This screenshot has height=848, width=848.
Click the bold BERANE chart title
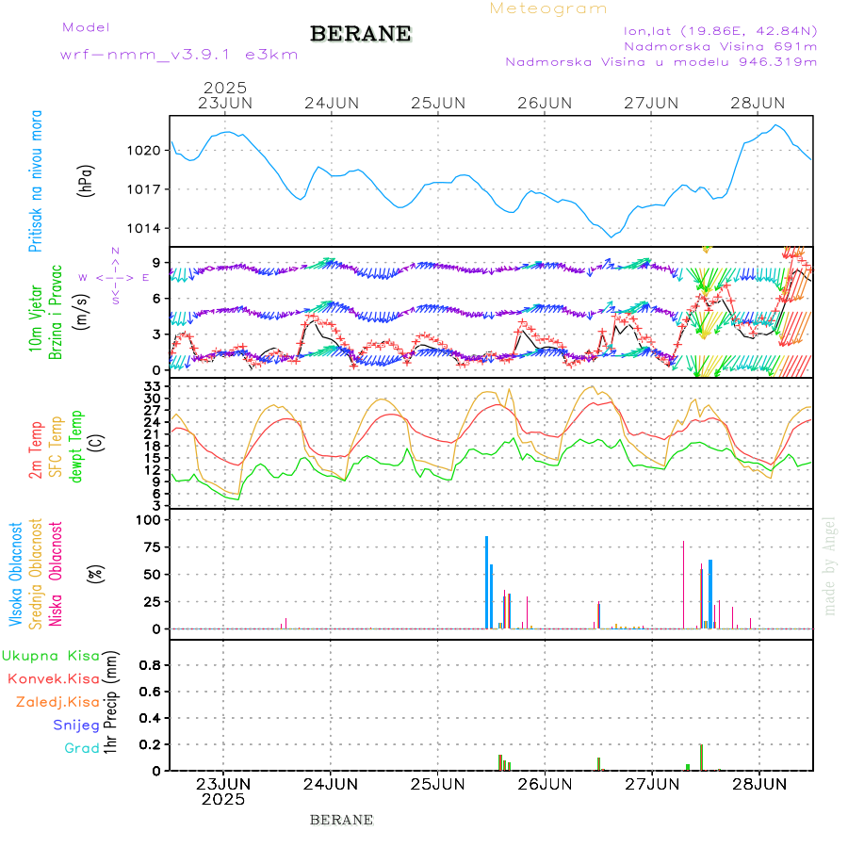point(361,34)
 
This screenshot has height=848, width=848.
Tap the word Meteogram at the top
point(548,8)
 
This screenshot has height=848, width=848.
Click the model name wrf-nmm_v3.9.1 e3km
point(179,55)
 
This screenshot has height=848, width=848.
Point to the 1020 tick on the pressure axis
point(145,150)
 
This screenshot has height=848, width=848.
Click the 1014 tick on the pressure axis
point(145,229)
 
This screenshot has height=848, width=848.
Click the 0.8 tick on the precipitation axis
point(149,665)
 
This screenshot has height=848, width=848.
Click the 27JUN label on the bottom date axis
point(652,784)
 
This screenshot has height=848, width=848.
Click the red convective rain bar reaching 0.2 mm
point(701,757)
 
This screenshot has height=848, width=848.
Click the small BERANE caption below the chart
point(341,820)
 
